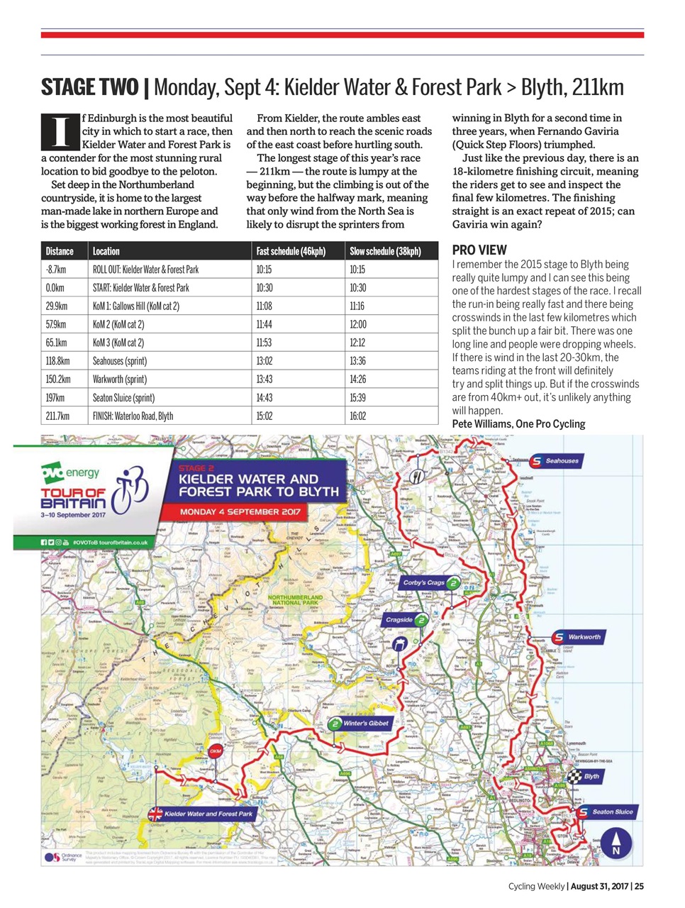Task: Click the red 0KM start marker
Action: [x=216, y=751]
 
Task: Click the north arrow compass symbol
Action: [x=616, y=843]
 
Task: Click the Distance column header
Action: [x=60, y=251]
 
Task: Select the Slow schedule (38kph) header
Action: [x=385, y=251]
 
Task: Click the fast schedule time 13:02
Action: [x=264, y=361]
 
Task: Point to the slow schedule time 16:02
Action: [x=357, y=416]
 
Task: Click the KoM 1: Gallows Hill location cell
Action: [x=135, y=306]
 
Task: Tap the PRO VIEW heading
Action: [x=479, y=250]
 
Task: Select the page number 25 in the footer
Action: [x=639, y=886]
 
